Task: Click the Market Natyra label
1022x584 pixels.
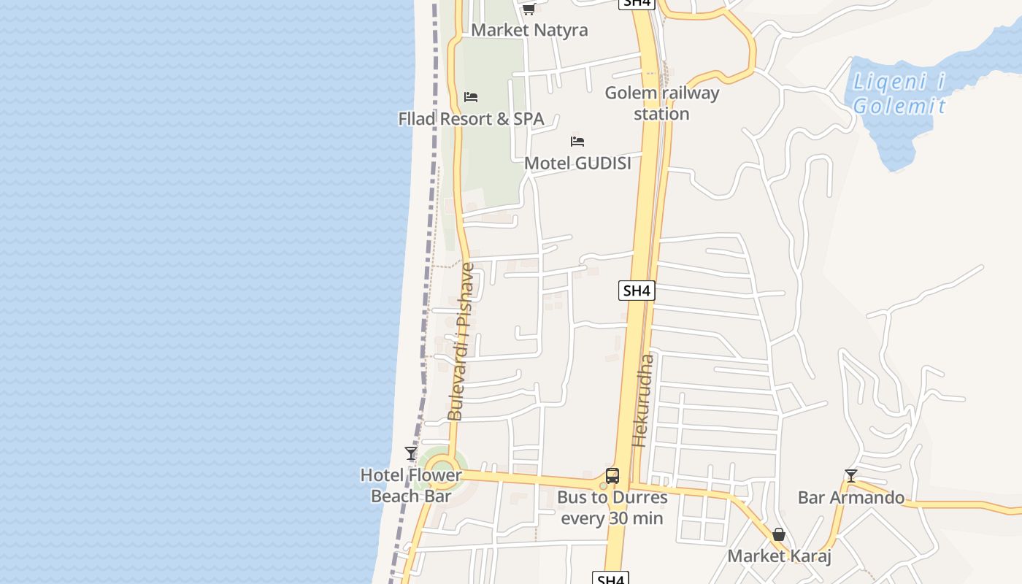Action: [x=529, y=30]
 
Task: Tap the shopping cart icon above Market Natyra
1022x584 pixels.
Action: [x=529, y=9]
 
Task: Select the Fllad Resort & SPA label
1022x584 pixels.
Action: [x=471, y=118]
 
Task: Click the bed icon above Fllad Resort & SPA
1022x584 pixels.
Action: [x=471, y=97]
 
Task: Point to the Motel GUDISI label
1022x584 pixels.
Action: [x=577, y=163]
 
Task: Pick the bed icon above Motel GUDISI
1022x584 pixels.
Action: [x=577, y=142]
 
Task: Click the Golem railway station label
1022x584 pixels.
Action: [x=661, y=103]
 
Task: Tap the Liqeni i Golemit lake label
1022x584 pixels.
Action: [x=899, y=94]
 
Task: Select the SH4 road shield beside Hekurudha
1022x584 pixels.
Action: [x=637, y=291]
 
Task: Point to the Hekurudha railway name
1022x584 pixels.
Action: [x=643, y=400]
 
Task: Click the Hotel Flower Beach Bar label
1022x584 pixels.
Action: [x=411, y=485]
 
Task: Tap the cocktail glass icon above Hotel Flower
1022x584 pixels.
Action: [x=411, y=453]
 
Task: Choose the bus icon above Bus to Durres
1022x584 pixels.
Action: [x=612, y=476]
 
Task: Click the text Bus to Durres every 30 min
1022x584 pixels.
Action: [x=612, y=507]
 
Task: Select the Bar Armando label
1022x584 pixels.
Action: [x=850, y=498]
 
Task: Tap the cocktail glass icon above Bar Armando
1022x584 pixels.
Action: [x=850, y=476]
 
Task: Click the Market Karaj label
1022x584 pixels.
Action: [x=779, y=556]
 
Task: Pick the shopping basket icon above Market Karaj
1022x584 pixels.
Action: [x=779, y=534]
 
